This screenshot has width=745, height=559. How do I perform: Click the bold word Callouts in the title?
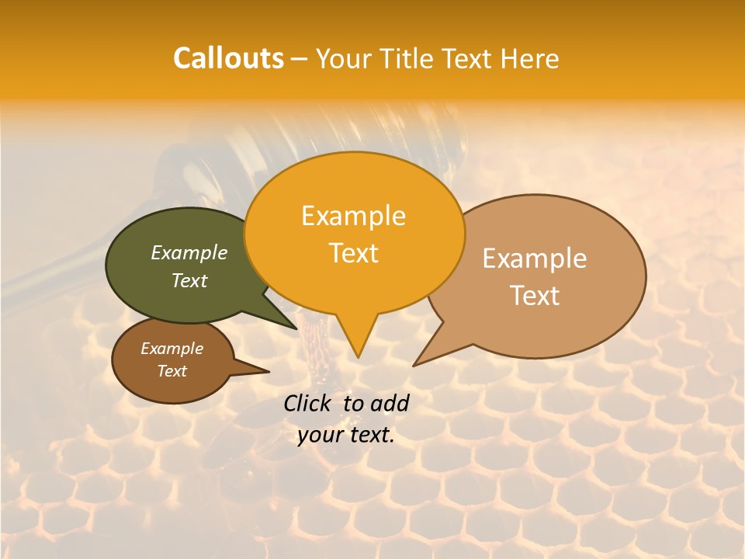click(x=228, y=58)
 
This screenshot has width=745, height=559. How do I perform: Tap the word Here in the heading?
click(x=530, y=59)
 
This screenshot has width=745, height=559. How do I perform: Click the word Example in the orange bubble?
click(x=354, y=216)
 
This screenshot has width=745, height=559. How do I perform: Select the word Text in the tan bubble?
click(x=535, y=296)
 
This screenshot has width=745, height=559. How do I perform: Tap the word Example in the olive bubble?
click(x=189, y=252)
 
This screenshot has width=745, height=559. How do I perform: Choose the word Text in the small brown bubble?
click(x=172, y=371)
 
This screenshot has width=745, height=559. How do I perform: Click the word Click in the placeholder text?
click(x=310, y=403)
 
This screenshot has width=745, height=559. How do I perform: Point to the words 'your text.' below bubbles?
click(x=346, y=436)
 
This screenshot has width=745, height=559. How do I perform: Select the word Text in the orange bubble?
click(x=354, y=253)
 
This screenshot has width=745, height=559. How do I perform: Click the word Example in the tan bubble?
click(x=535, y=259)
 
